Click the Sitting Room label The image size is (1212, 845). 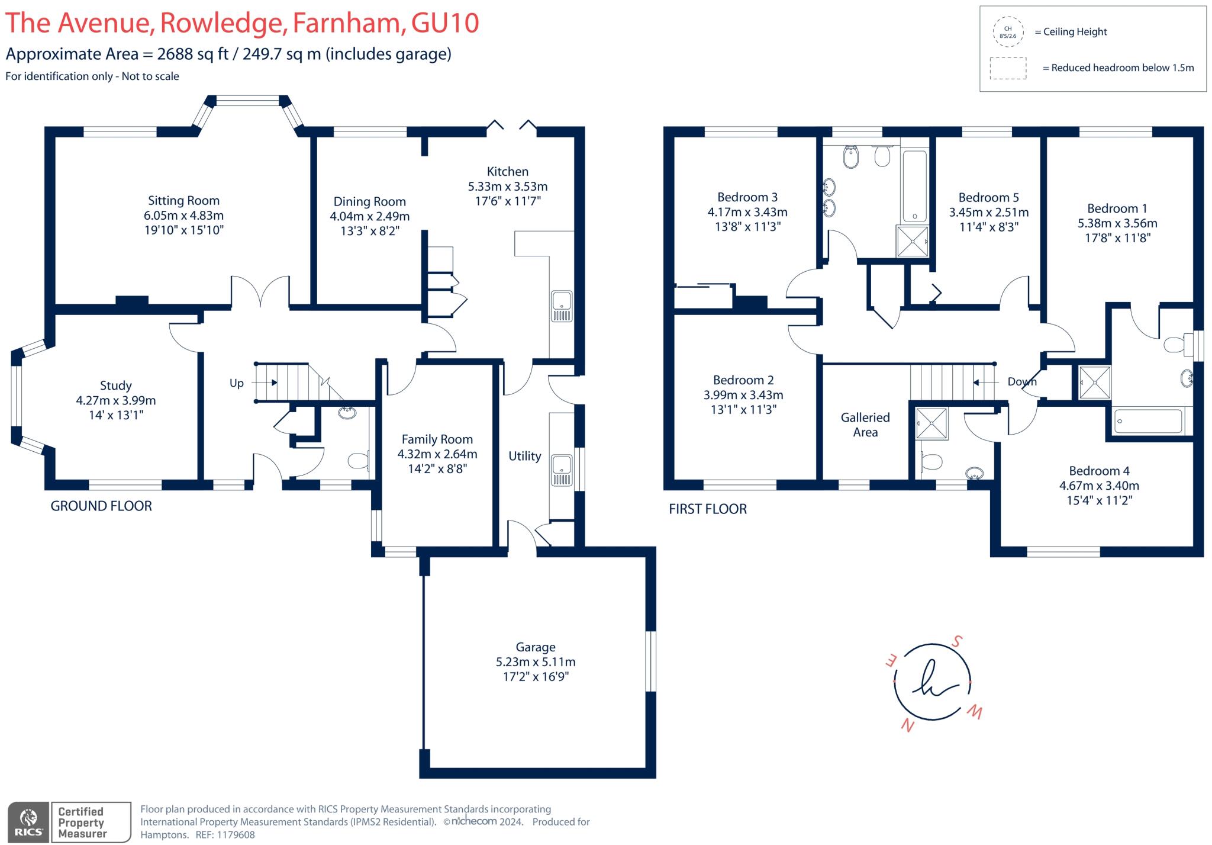pos(183,201)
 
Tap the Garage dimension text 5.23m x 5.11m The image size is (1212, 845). pos(535,662)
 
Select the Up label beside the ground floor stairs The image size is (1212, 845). pos(236,383)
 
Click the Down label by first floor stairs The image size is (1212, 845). pos(1022,382)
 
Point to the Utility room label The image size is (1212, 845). pos(524,456)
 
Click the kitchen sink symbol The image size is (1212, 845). pos(562,306)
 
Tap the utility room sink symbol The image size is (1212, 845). pos(562,470)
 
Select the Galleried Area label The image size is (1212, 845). pos(865,425)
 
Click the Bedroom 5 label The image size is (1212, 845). pos(988,198)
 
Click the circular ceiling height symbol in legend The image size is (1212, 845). pos(1008,32)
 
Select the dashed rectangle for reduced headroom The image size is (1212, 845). pos(1008,68)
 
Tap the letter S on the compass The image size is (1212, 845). pos(957,641)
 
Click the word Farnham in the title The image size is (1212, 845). pos(349,23)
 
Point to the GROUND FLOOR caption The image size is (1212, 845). pos(101,506)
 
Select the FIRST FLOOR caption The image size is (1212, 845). pos(707,509)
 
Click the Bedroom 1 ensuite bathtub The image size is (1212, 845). pos(1148,421)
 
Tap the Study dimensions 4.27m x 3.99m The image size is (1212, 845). pos(116,400)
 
